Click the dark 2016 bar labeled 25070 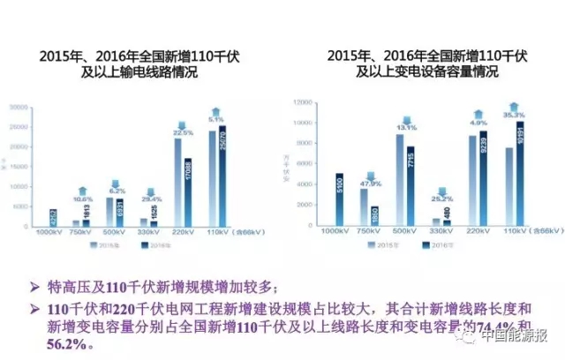tap(223, 177)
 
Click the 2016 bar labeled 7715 tap(410, 186)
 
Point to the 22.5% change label tap(182, 132)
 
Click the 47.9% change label tap(369, 158)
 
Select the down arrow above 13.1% tap(404, 116)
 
